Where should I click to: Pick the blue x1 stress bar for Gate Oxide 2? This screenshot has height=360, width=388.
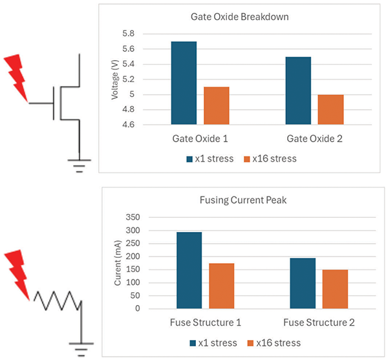[x=298, y=90]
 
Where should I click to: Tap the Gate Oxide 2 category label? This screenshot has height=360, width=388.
[x=314, y=139]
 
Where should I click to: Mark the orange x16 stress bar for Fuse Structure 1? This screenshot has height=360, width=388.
[x=221, y=286]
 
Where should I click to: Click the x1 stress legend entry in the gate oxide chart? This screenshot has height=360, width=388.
[x=207, y=158]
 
